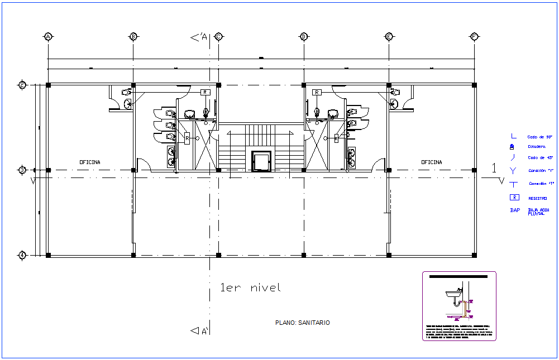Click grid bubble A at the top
(48, 37)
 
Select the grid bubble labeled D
(304, 37)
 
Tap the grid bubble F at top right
(474, 37)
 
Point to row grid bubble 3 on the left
(22, 170)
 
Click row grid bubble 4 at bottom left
(22, 255)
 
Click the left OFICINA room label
(90, 162)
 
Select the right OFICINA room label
(431, 162)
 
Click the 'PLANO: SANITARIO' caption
(303, 323)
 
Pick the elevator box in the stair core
(261, 161)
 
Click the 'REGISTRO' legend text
(538, 198)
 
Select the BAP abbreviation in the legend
(515, 210)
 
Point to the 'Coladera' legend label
(537, 147)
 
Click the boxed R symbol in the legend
(515, 198)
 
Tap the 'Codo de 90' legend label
(538, 137)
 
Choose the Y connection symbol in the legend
(514, 170)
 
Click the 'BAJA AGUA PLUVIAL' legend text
(538, 212)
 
